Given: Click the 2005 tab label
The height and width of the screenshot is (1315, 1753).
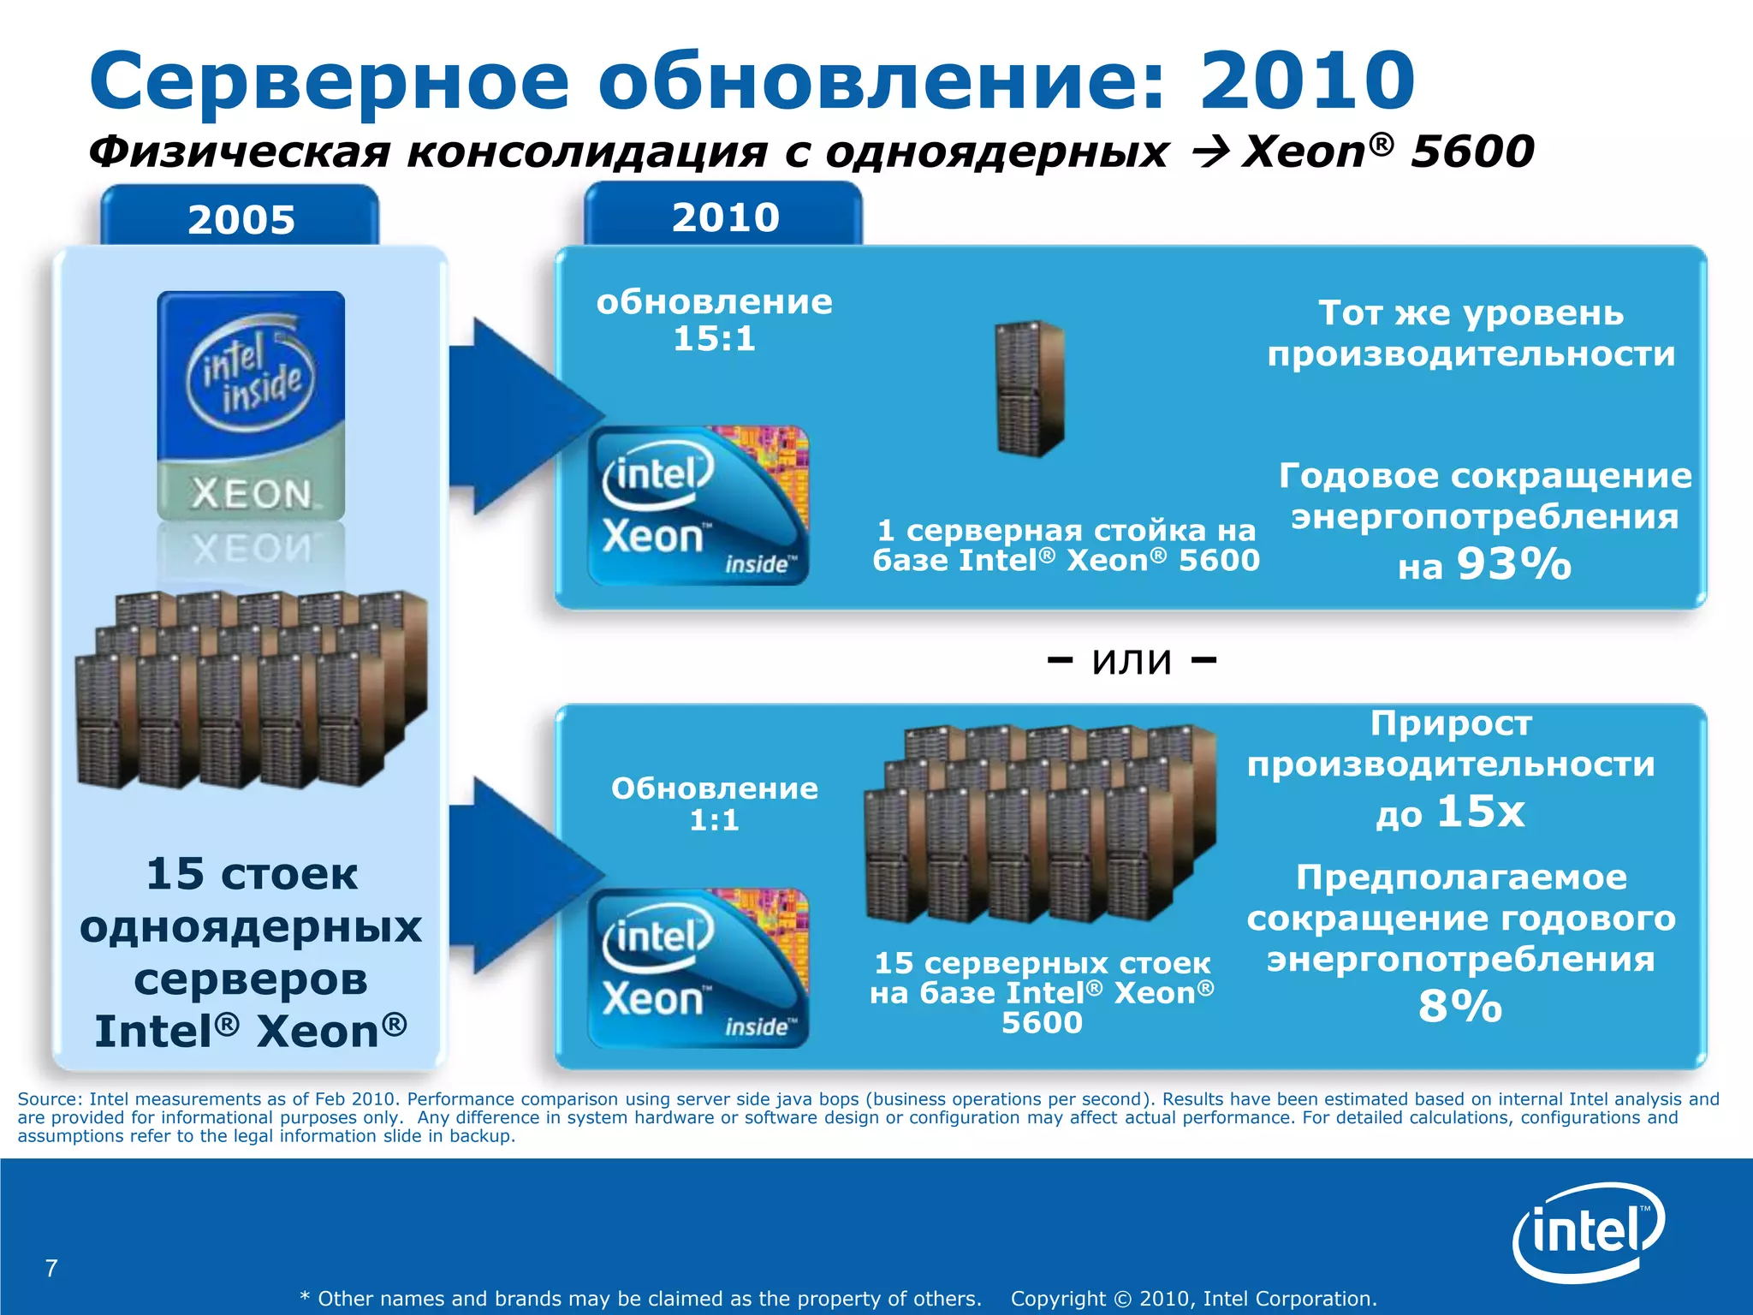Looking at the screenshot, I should click(241, 219).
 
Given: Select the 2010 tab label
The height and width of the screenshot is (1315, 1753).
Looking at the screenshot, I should click(725, 217).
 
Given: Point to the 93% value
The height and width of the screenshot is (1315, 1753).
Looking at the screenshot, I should click(1513, 564).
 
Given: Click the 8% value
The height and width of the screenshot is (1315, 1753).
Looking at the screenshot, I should click(1460, 1006).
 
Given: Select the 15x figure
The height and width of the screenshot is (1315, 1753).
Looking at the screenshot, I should click(1480, 811).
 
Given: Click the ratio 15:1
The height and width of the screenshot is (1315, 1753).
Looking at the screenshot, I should click(714, 338).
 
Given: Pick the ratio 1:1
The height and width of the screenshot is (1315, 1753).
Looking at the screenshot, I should click(714, 820).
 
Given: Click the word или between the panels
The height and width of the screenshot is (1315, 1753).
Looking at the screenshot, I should click(1132, 660).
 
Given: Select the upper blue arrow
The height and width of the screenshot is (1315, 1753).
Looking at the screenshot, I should click(514, 416).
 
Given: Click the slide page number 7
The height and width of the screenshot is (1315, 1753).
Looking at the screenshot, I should click(51, 1268).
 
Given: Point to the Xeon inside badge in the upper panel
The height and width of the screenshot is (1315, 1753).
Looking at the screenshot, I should click(698, 505).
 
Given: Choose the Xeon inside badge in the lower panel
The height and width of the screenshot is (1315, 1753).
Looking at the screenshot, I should click(698, 967).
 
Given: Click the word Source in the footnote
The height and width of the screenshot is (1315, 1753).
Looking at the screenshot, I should click(50, 1098).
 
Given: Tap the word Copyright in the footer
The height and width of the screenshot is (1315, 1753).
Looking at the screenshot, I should click(1058, 1299).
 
